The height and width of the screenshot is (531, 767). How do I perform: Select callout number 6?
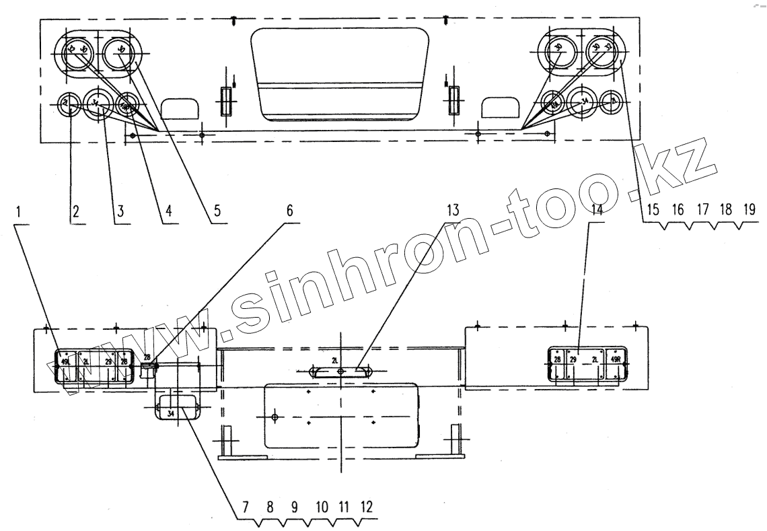coord(290,211)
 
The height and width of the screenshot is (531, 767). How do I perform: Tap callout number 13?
coord(453,211)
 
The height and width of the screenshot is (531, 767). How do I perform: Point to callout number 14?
coord(596,211)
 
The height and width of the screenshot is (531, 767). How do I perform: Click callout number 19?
coord(749,211)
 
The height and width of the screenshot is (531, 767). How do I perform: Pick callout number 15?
coord(653,211)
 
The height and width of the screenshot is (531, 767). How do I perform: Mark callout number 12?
coord(366,507)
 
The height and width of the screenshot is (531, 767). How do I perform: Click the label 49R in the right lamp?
coord(615,359)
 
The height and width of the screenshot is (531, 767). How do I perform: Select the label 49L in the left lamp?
coord(65,361)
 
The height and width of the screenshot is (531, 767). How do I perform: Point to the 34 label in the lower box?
coord(171,413)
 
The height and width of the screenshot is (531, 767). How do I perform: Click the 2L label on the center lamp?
coord(335,361)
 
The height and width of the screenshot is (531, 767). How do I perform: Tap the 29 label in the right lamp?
coord(573,360)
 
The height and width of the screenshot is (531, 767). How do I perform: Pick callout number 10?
coord(321,507)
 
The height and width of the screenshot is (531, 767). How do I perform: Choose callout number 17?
coord(702,211)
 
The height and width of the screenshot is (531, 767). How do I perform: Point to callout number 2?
coord(76,211)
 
